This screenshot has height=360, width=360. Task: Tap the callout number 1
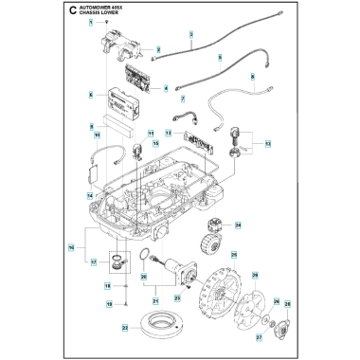pos(92,20)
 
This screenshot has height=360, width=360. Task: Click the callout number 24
pos(238,225)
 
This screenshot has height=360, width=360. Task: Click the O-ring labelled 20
pos(140,258)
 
